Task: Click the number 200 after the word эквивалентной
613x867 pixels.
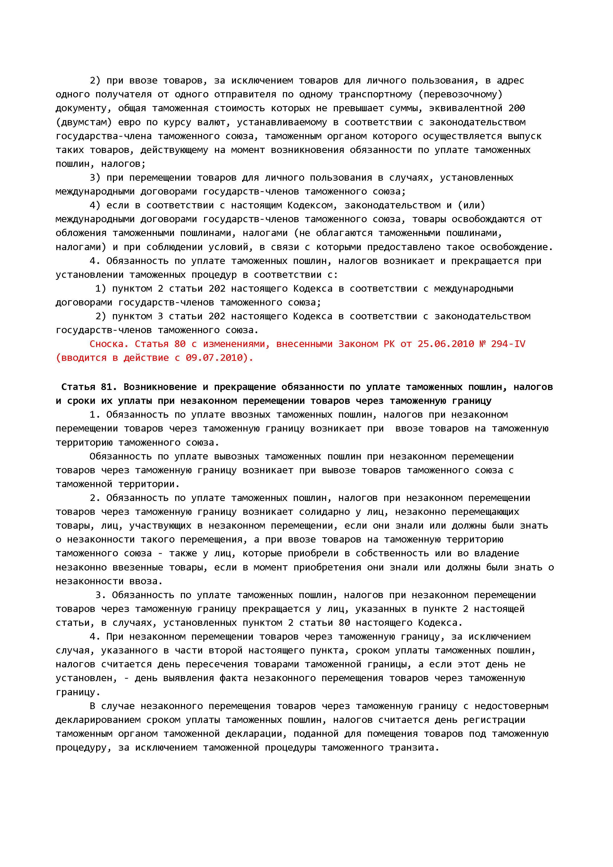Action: point(516,108)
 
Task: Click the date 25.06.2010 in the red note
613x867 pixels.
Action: point(445,344)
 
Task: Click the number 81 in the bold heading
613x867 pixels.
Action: point(109,387)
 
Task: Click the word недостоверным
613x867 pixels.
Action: point(511,706)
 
